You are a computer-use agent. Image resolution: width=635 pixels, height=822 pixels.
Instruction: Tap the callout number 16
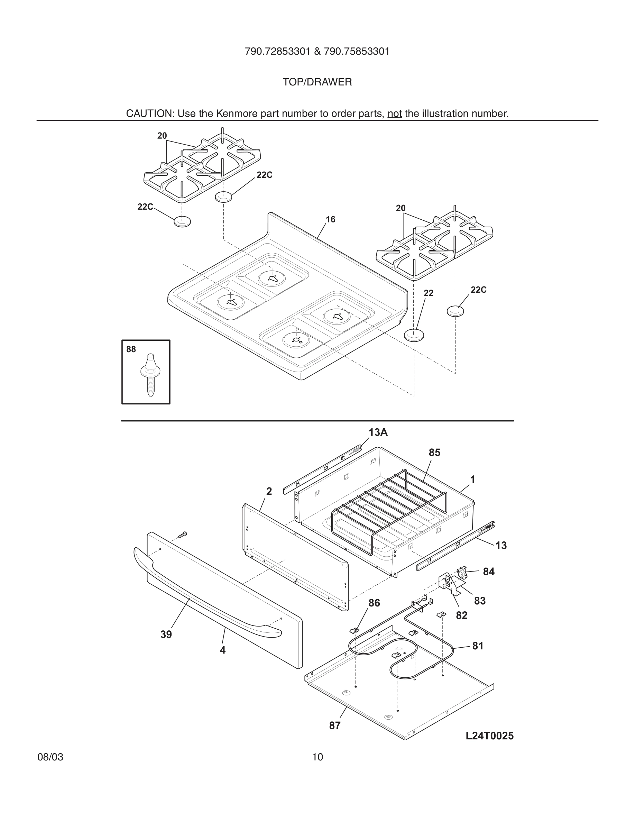(330, 219)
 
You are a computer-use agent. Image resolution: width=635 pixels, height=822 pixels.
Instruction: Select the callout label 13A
(378, 432)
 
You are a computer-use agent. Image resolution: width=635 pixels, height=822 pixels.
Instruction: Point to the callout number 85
(434, 453)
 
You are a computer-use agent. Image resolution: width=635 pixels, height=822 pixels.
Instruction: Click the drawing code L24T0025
(489, 736)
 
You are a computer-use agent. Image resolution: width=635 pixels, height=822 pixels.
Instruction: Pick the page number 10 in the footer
(317, 757)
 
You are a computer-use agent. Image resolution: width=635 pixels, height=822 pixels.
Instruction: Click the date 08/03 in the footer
(50, 757)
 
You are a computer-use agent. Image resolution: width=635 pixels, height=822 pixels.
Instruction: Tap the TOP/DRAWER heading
(317, 82)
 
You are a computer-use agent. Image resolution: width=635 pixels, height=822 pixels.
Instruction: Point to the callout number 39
(166, 634)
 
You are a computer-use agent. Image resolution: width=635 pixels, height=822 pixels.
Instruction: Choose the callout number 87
(334, 725)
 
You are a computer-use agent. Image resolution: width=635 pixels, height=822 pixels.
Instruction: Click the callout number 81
(477, 646)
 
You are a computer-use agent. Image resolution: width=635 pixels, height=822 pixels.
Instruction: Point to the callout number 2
(269, 491)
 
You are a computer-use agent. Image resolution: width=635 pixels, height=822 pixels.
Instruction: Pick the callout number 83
(480, 601)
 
